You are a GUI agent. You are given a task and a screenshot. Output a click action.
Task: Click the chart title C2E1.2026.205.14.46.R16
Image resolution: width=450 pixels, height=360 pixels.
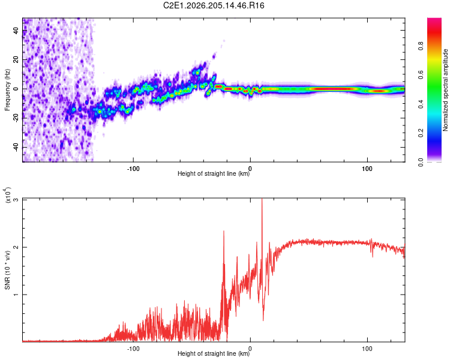(214, 5)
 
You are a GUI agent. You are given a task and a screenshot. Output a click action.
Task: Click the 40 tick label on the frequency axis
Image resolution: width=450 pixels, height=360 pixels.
(16, 30)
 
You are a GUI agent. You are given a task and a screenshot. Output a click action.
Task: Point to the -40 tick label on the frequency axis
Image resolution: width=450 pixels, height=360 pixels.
(16, 148)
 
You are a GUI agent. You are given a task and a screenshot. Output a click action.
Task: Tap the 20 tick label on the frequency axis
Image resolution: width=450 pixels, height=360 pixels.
(16, 59)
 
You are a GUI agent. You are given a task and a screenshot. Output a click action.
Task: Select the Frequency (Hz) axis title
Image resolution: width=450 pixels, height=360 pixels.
(7, 90)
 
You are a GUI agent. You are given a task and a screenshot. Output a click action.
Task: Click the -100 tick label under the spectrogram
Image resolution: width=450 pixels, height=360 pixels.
(133, 169)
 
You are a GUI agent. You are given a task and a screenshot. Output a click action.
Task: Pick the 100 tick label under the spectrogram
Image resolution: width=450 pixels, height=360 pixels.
(367, 169)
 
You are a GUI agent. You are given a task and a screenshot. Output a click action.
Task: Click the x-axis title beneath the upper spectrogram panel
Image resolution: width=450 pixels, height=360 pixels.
(214, 173)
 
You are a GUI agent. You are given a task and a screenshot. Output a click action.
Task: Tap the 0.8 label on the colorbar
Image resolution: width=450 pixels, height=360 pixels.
(421, 46)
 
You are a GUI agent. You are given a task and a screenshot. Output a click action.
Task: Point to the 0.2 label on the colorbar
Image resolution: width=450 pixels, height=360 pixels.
(421, 133)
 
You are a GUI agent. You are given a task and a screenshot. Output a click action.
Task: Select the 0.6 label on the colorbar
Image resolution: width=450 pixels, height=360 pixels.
(421, 75)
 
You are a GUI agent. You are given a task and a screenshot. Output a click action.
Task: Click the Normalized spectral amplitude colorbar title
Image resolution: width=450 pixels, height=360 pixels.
(445, 90)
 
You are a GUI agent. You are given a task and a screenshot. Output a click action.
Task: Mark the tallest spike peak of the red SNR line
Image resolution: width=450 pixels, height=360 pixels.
(262, 199)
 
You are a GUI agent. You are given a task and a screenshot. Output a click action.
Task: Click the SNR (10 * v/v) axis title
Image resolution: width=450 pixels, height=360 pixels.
(7, 270)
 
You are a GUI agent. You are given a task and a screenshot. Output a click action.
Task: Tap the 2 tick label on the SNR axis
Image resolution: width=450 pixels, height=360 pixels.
(16, 247)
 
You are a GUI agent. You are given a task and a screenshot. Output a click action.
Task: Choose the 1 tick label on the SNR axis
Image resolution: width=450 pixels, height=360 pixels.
(16, 295)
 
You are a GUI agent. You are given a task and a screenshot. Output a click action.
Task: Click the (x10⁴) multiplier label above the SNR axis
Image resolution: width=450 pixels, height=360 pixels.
(8, 195)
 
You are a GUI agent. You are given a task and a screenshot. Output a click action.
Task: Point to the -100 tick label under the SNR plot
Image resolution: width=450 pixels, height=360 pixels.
(133, 349)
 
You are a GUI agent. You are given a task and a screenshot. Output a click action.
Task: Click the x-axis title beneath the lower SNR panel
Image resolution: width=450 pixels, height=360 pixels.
(214, 353)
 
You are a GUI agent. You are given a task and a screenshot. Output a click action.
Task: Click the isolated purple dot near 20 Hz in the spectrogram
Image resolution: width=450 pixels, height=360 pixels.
(214, 56)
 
